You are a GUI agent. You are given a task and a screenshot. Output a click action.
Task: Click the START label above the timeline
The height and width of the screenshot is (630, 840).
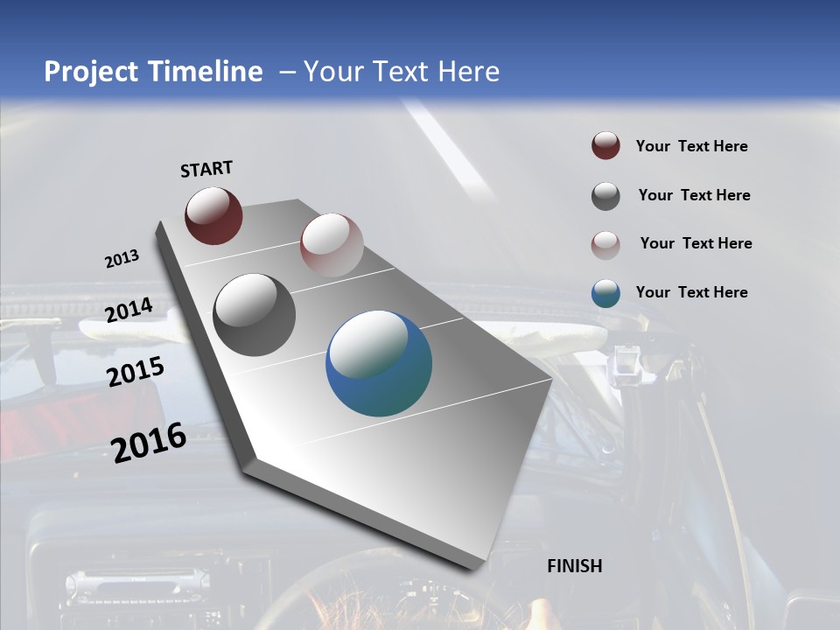206,169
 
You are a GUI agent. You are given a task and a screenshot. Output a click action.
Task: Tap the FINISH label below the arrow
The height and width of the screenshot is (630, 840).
574,566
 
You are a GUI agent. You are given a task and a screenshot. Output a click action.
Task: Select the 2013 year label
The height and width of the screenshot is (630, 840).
122,259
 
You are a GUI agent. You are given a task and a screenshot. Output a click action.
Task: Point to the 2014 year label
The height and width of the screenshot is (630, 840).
129,310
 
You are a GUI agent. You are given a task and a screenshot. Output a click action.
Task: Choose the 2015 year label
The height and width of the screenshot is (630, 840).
136,372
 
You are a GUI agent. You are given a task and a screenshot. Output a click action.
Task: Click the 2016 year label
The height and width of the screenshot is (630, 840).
149,442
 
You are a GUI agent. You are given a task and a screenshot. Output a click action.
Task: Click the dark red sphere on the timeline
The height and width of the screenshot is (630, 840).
213,215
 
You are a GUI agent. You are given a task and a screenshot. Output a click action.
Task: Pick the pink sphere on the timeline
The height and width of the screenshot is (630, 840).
332,245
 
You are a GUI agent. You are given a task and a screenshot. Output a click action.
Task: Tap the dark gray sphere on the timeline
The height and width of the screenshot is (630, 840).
255,315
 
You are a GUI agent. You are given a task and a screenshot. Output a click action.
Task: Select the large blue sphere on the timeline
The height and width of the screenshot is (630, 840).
379,363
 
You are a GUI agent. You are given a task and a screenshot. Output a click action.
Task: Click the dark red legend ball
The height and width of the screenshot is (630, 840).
605,146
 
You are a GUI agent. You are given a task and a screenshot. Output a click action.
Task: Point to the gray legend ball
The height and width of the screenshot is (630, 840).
605,196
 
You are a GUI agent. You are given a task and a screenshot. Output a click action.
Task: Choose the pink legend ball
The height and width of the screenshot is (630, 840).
605,244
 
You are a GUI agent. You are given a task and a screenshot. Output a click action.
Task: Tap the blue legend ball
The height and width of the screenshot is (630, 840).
605,293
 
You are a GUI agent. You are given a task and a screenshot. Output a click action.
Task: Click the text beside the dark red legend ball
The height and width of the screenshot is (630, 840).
691,146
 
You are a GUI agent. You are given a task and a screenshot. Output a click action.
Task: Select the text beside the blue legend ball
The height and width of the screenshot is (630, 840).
691,292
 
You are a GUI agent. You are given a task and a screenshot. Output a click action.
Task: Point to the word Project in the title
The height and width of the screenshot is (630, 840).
87,72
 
